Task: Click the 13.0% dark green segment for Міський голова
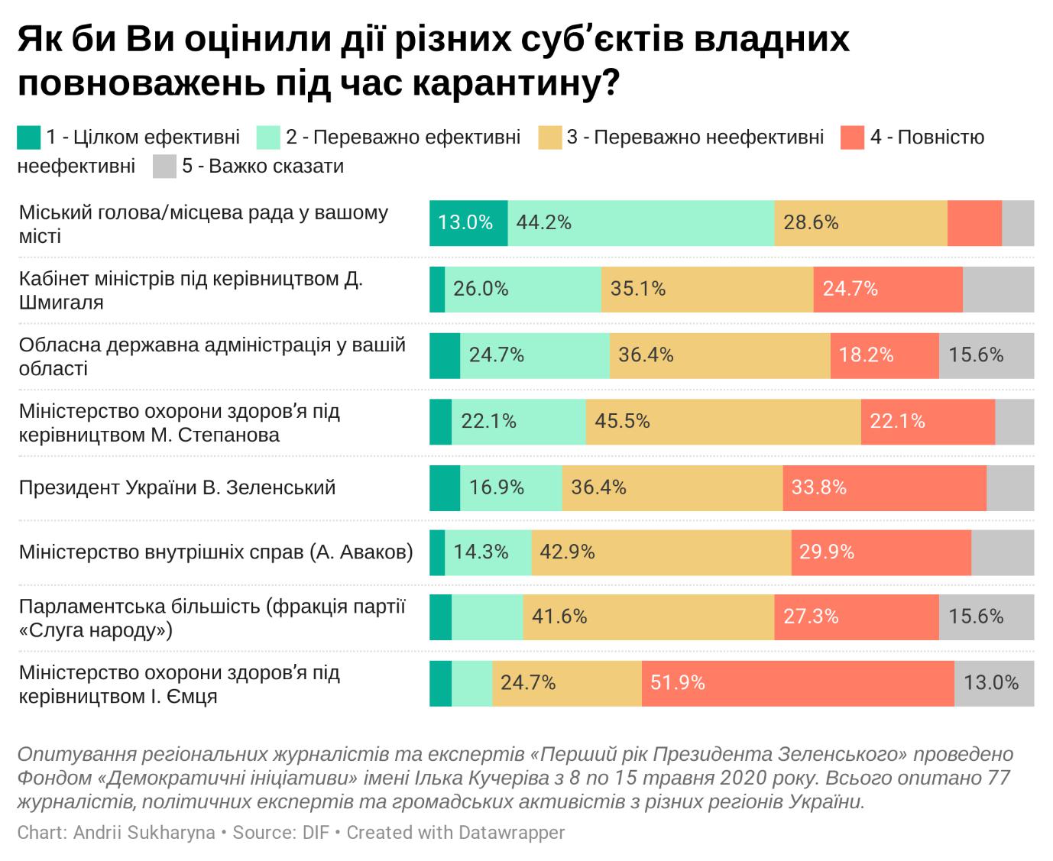click(468, 223)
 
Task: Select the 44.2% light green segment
click(640, 223)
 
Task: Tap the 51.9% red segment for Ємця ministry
click(798, 683)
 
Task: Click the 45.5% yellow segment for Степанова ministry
click(723, 422)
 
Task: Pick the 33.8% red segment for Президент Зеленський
click(884, 487)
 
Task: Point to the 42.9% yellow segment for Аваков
click(661, 552)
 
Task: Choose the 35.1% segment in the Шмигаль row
click(707, 290)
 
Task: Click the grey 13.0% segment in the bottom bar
click(993, 683)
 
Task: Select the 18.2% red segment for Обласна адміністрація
click(884, 355)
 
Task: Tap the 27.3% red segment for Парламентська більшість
click(856, 617)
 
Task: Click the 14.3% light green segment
click(488, 552)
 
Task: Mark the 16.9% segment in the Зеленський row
click(510, 487)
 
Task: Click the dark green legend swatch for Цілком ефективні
click(28, 138)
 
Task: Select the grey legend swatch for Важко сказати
click(164, 167)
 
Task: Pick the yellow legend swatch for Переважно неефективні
click(549, 138)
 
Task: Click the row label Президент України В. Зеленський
click(177, 487)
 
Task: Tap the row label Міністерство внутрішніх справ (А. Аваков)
click(216, 552)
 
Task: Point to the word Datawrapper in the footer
click(511, 832)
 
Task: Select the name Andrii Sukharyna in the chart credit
click(144, 832)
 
